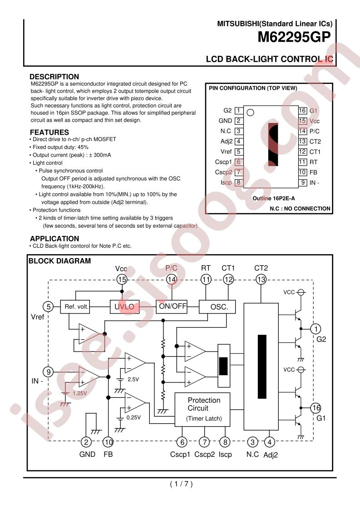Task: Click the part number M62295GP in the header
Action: coord(294,37)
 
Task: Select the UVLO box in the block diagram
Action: coord(125,306)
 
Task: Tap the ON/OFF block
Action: coord(172,306)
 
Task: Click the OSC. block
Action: coord(217,307)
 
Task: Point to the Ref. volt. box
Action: coord(75,306)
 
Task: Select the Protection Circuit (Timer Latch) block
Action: coord(202,410)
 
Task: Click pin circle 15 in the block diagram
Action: coord(122,279)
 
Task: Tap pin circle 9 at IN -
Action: coord(49,372)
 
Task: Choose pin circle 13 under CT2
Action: coord(261,279)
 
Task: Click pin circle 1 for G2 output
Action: coord(316,329)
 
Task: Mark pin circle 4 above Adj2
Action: coord(269,442)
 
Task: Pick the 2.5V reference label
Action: coord(133,379)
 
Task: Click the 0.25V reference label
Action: coord(133,417)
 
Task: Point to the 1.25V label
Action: coord(79,393)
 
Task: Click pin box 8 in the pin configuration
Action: coord(238,182)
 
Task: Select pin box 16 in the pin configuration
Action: coord(302,111)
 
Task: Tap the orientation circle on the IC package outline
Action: coord(250,113)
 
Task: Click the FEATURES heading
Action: coord(49,132)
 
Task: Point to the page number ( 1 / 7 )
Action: coord(181,484)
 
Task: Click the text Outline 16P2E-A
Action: coord(274,198)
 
